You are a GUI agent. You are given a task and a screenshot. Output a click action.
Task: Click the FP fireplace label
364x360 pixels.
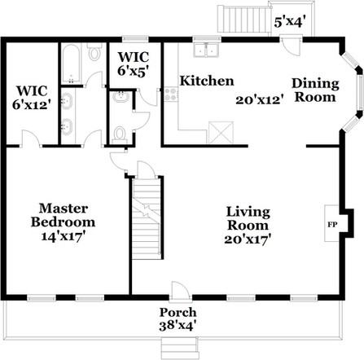click(x=331, y=225)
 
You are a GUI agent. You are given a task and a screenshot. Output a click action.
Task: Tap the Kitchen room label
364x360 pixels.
click(x=207, y=81)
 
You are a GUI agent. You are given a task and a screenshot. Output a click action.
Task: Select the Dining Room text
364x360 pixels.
click(x=315, y=90)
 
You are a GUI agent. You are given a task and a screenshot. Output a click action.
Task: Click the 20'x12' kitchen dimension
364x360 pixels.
click(x=260, y=100)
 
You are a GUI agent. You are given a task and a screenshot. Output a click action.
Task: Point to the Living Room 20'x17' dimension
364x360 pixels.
click(x=248, y=239)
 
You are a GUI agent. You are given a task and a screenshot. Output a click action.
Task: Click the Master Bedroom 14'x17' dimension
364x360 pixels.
click(x=62, y=236)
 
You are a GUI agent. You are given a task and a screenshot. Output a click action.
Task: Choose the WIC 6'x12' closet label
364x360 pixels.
click(x=32, y=98)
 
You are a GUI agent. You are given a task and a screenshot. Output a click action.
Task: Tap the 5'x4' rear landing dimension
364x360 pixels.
click(x=290, y=21)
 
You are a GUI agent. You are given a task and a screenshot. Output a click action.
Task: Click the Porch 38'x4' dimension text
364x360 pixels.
click(x=178, y=326)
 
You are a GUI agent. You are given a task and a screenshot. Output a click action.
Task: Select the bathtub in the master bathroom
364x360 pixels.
click(x=71, y=64)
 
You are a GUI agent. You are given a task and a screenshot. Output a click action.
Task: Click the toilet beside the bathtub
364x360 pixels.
click(x=94, y=51)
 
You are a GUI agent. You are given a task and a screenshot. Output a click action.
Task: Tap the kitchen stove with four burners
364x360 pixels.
click(x=171, y=94)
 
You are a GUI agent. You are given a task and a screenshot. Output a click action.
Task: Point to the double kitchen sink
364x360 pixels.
click(x=207, y=50)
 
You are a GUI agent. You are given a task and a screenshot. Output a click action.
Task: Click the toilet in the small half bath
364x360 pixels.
click(x=119, y=135)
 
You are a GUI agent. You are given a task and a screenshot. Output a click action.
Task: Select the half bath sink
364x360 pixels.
click(x=121, y=97)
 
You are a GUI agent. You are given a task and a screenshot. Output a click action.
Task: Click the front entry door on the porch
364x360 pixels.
click(x=179, y=292)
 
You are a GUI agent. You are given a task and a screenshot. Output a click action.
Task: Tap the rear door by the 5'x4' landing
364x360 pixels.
click(x=291, y=46)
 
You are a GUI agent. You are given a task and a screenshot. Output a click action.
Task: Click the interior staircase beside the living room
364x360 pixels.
click(x=147, y=218)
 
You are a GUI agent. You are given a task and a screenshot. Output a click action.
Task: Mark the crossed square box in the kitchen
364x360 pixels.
click(x=221, y=132)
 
